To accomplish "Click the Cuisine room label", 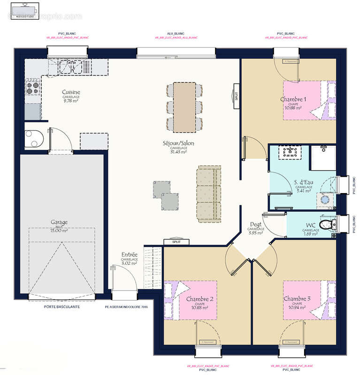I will point(71,92).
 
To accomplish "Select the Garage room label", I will point(59,222).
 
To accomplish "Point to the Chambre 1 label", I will point(293,99).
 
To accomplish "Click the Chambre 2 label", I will point(199,299).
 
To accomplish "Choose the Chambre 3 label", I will point(297,299).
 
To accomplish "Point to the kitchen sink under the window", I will point(70,67).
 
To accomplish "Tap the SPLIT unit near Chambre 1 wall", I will point(236,96).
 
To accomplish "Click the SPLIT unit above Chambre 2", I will point(176,242).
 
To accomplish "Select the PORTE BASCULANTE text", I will point(61,307).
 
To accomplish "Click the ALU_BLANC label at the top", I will point(176,34).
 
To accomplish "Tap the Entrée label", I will point(129,254).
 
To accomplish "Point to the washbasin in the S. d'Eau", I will point(288,152).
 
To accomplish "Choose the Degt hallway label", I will point(256,224).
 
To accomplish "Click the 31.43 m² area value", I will point(178,151).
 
